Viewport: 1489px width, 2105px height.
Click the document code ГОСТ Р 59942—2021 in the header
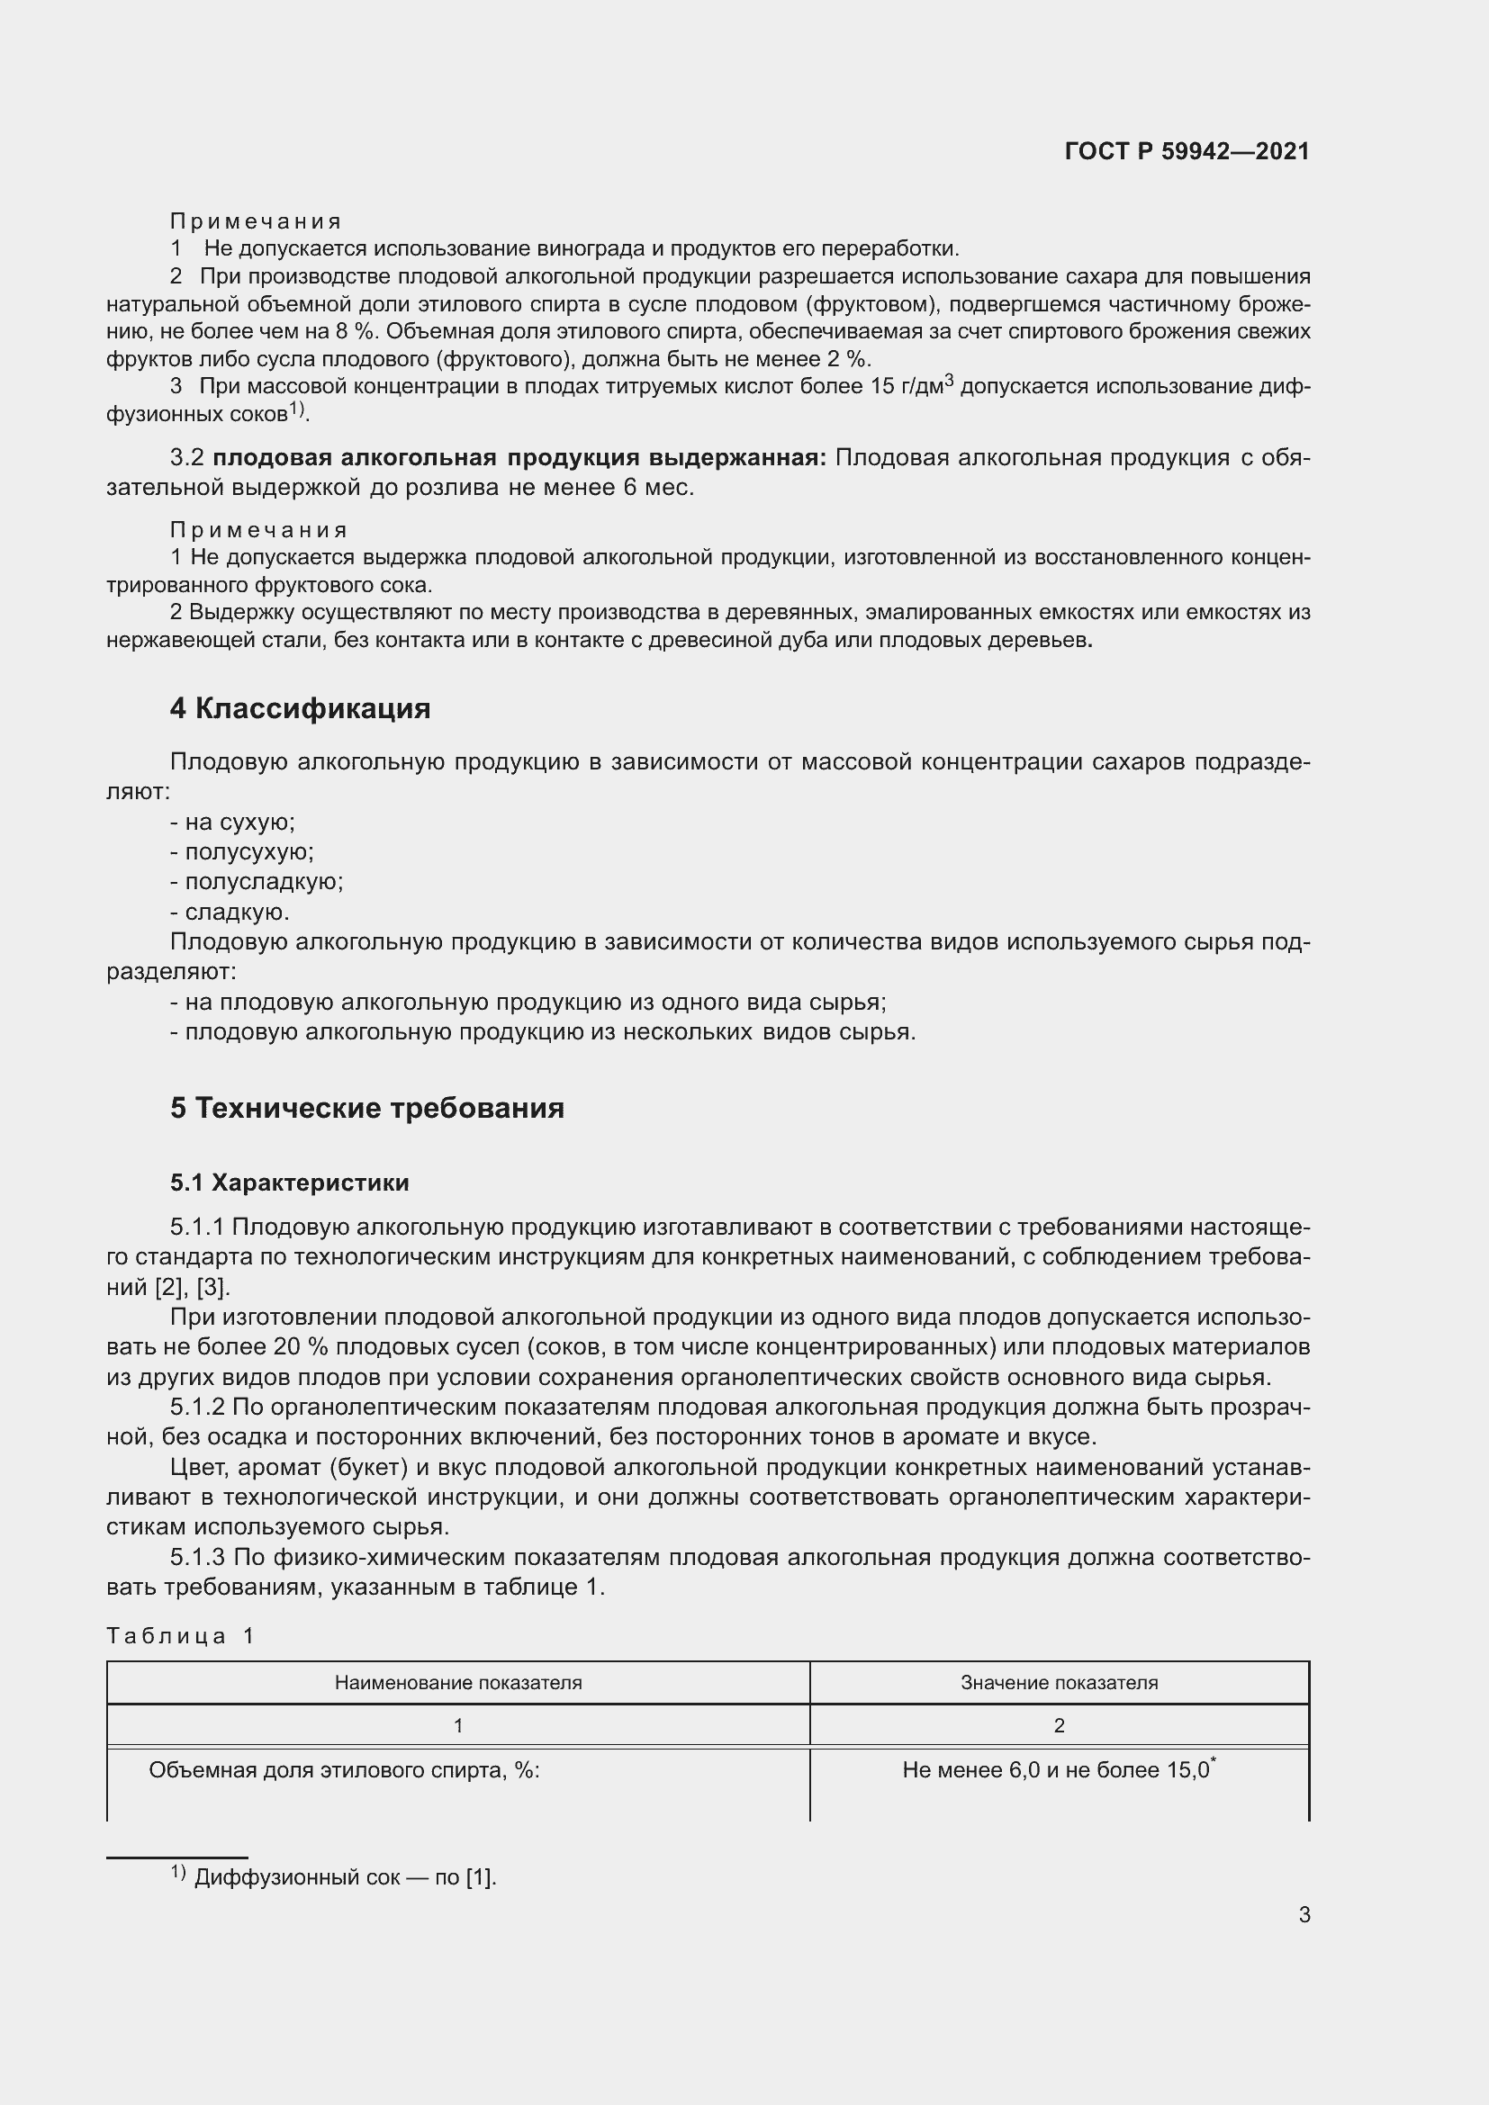click(x=1187, y=151)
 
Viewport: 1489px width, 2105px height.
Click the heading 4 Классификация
click(x=300, y=707)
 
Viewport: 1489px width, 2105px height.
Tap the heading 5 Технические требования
click(x=366, y=1108)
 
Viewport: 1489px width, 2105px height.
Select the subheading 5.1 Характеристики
click(x=289, y=1182)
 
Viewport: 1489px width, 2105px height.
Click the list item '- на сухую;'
click(x=232, y=822)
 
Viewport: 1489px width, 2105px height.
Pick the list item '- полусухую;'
click(x=242, y=851)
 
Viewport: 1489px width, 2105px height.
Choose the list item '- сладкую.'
click(x=230, y=913)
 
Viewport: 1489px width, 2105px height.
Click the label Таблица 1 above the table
click(x=180, y=1635)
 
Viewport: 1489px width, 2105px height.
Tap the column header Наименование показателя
click(x=457, y=1682)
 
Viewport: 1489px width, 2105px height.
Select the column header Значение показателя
click(x=1059, y=1682)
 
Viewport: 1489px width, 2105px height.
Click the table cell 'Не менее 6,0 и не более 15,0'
click(x=1056, y=1769)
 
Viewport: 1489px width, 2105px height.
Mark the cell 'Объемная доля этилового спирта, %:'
click(x=344, y=1769)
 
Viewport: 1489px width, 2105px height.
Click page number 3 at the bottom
click(x=1304, y=1914)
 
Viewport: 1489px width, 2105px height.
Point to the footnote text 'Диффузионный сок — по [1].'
click(x=345, y=1876)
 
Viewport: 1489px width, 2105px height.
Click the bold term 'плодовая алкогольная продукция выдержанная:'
click(x=519, y=457)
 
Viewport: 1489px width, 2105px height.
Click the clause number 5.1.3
click(x=197, y=1557)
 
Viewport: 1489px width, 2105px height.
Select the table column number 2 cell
click(x=1059, y=1725)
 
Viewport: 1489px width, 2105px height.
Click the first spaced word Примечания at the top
click(x=256, y=221)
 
